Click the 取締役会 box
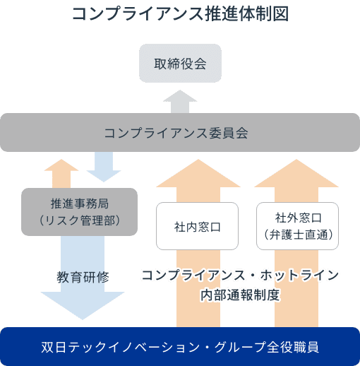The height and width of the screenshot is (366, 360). [x=180, y=64]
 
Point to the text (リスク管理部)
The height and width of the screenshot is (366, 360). [x=79, y=220]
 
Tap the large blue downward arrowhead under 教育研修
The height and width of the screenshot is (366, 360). [x=79, y=304]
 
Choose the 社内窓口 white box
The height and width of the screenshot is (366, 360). [x=198, y=227]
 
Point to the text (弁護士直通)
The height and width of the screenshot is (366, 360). [x=297, y=233]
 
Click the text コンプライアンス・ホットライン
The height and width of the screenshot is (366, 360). [x=240, y=276]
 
